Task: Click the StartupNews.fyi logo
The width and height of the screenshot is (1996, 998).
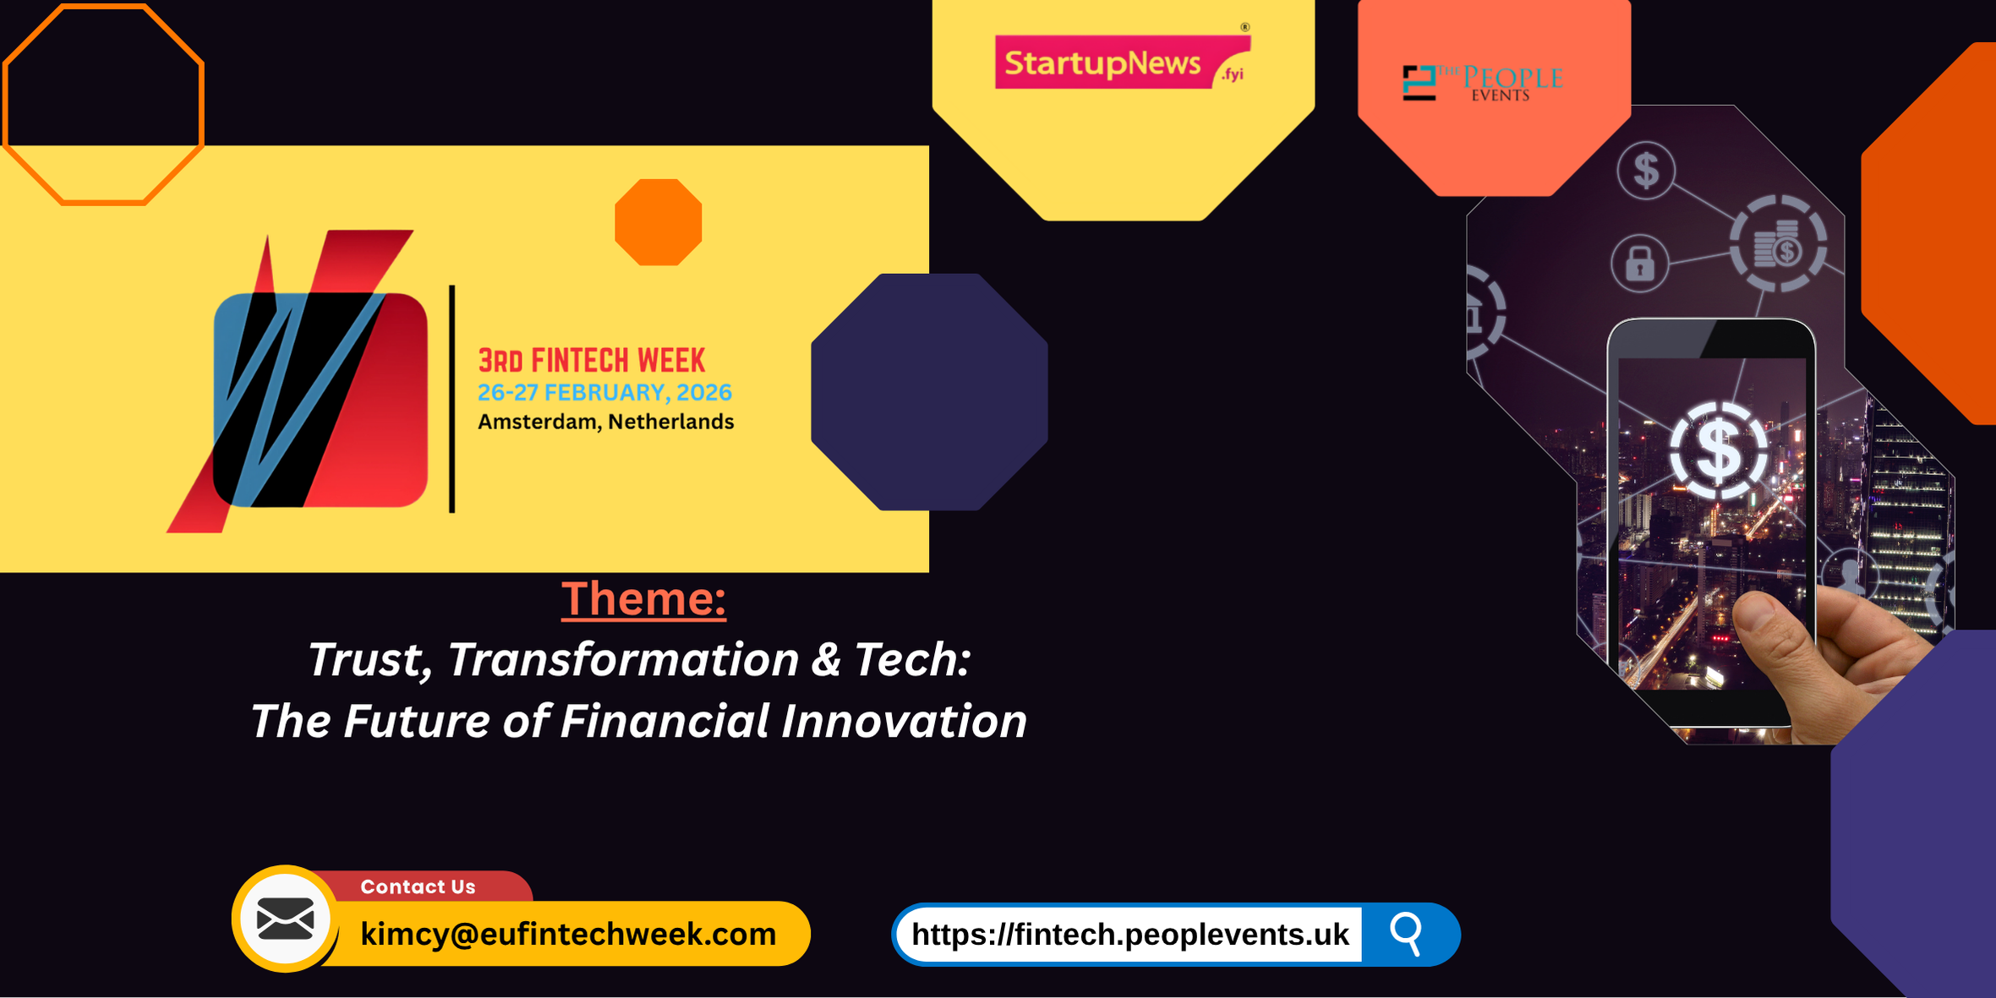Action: [x=1122, y=62]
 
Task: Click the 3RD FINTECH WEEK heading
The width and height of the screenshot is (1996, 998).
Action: [x=591, y=361]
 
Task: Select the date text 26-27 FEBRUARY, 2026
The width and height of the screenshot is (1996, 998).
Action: [x=604, y=393]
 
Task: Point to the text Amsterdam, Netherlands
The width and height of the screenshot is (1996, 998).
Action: [x=605, y=422]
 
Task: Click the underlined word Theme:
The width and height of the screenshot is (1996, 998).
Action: [x=643, y=599]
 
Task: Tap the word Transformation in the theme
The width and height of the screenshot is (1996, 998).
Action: [x=622, y=660]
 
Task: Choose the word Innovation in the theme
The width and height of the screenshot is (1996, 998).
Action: [x=903, y=722]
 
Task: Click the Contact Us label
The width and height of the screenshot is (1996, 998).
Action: [x=418, y=886]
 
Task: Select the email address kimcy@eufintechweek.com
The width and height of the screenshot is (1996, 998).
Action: [x=568, y=934]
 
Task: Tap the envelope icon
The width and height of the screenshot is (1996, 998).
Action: [x=286, y=919]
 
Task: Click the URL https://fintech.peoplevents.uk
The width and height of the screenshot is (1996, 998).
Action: [x=1129, y=935]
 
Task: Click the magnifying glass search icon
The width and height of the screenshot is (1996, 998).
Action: [x=1407, y=934]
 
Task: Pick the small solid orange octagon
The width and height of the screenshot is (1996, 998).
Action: [x=658, y=222]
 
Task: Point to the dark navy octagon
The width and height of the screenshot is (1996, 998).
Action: [x=929, y=391]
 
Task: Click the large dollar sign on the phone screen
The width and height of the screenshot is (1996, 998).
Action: [x=1719, y=450]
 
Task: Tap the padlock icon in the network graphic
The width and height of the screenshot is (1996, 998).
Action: [x=1639, y=264]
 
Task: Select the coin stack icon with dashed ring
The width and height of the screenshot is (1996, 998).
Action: [x=1778, y=245]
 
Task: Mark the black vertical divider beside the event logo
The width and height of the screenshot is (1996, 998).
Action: [x=452, y=399]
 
